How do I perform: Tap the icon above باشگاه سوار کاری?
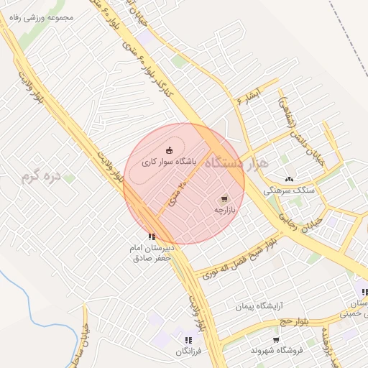point(169,149)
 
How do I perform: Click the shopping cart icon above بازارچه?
point(224,198)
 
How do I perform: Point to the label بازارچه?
point(224,210)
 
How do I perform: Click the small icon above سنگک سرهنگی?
point(289,179)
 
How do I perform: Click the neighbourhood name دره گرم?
point(38,176)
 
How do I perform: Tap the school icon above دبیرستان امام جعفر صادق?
point(151,236)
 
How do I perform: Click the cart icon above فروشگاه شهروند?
point(277,339)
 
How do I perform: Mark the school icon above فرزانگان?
point(188,340)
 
